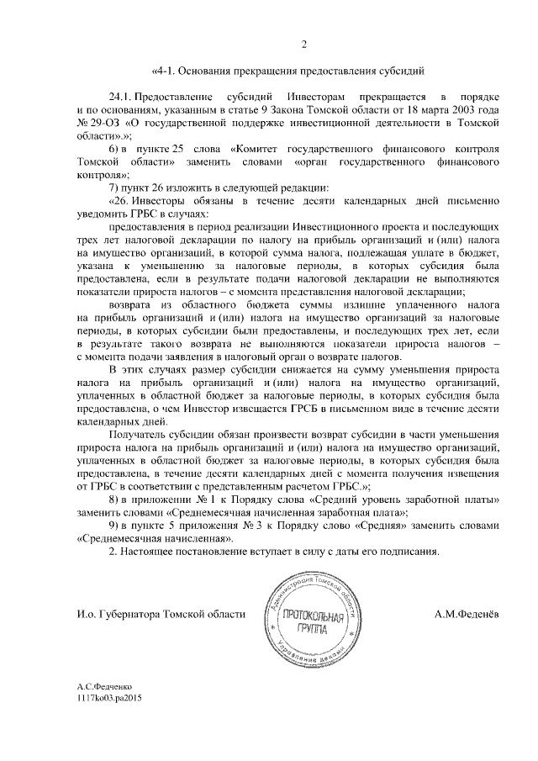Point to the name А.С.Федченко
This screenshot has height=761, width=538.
point(106,687)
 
